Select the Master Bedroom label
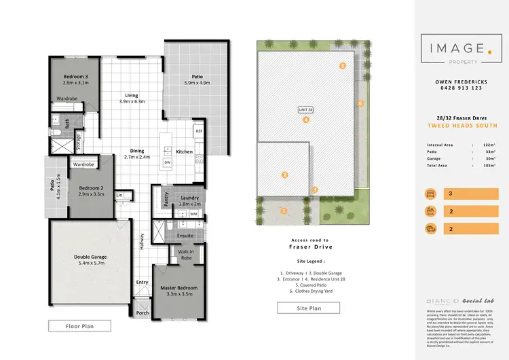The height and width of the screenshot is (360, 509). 177,290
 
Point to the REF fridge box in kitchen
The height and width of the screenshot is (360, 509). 199,131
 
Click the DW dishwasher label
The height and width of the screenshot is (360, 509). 166,163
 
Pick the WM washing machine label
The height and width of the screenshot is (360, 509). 193,215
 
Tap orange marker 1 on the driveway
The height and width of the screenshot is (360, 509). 283,211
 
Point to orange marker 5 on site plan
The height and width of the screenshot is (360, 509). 343,66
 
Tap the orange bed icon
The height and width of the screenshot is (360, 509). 430,193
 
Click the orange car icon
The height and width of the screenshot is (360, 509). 430,229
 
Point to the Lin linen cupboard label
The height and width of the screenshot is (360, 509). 119,195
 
